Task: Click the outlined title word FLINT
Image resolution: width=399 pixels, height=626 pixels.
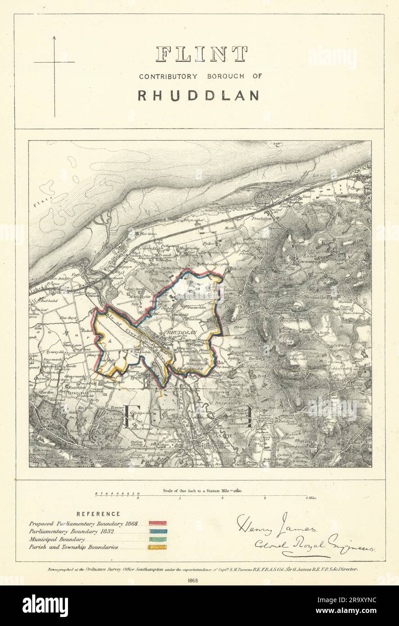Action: pos(201,54)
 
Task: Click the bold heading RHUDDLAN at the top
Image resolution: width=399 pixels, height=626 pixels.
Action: pos(198,95)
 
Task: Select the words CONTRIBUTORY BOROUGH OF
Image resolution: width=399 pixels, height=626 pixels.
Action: pos(200,77)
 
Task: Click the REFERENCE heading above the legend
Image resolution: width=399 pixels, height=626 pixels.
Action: pos(98,514)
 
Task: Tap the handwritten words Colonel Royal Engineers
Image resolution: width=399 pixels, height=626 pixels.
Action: pos(306,544)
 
